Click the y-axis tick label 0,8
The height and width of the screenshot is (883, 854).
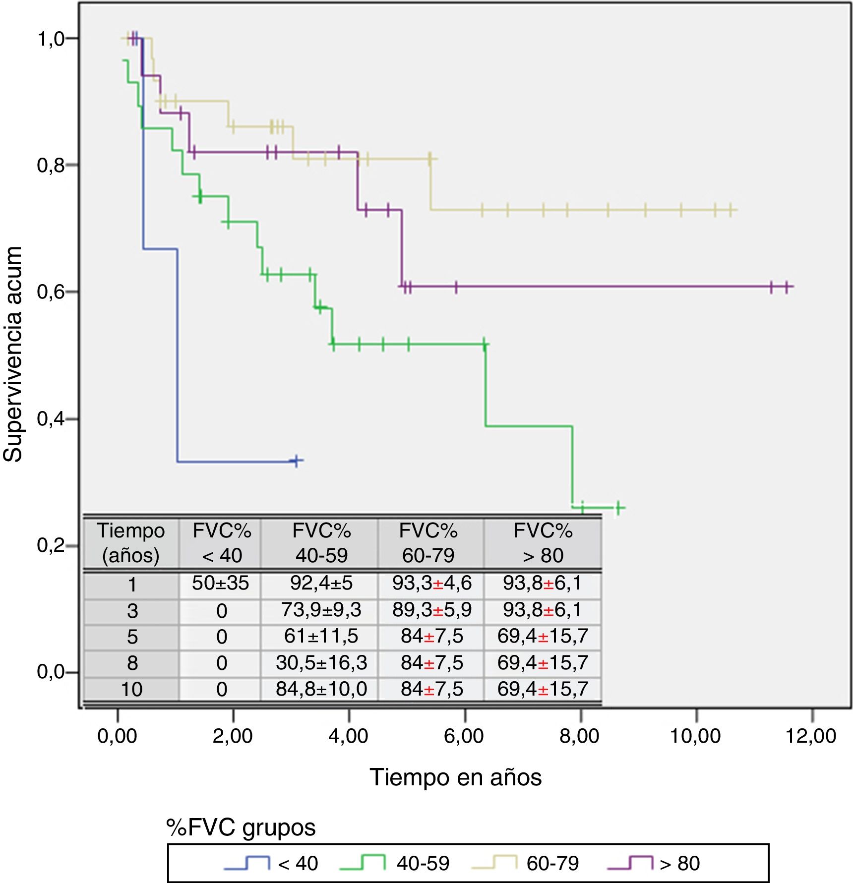(51, 165)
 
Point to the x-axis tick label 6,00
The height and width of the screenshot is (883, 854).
(464, 736)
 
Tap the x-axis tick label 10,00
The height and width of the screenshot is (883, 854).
(695, 736)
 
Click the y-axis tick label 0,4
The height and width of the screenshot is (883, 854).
(51, 419)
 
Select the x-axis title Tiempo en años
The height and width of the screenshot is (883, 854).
(455, 777)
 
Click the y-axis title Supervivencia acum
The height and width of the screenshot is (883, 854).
(13, 354)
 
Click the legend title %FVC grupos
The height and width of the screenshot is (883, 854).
(241, 827)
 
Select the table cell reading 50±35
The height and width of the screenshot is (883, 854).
(220, 583)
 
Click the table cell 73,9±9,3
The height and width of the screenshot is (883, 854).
(321, 610)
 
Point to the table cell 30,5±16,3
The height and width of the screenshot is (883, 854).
(321, 662)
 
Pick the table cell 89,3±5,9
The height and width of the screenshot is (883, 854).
(431, 610)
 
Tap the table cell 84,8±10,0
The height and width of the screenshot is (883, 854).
(321, 689)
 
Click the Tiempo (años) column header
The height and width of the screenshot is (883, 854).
(131, 543)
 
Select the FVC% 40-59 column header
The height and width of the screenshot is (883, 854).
(321, 543)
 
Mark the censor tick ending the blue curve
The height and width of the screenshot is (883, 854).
(296, 461)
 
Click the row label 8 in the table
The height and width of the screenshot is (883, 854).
(132, 663)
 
